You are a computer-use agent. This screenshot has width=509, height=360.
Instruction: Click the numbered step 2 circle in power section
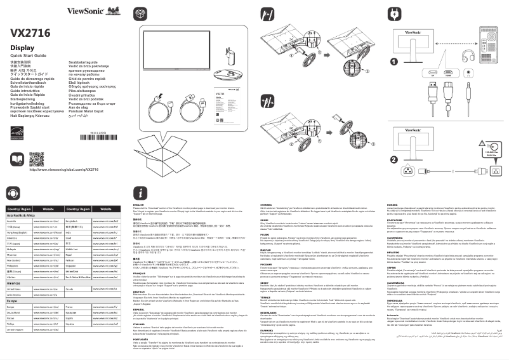pyautogui.click(x=394, y=159)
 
